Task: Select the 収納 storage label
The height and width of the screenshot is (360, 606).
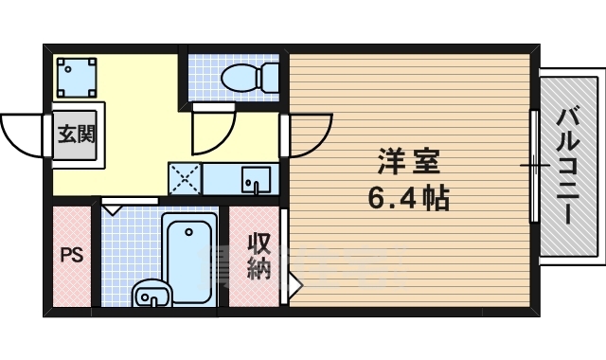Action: point(258,256)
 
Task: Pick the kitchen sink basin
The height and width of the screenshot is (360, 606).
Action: point(254,177)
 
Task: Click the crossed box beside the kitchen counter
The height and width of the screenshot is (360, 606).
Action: point(185,177)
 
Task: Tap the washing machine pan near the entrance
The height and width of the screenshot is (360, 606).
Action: point(76,76)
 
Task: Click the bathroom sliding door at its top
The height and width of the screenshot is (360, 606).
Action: point(129,202)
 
